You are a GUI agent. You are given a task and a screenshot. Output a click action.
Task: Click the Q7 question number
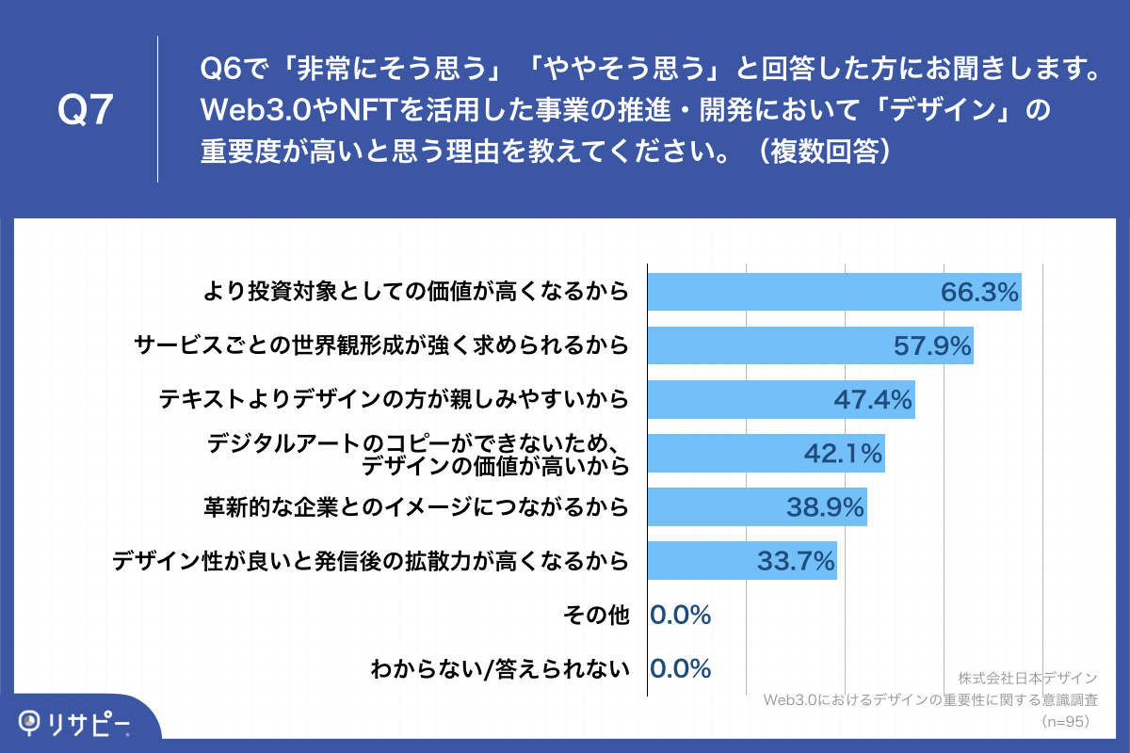(x=86, y=110)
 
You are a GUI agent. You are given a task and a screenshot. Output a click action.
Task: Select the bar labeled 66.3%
(x=834, y=293)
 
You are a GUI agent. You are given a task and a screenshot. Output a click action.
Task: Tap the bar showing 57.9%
(x=810, y=346)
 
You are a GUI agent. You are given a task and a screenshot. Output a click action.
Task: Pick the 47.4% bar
(x=781, y=400)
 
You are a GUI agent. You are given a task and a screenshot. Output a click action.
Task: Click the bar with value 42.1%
(x=766, y=454)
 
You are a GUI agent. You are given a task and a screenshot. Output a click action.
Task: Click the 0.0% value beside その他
(x=680, y=616)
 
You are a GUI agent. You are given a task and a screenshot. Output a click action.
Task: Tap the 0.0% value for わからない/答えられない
(x=680, y=669)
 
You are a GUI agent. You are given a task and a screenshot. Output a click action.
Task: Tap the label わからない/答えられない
(x=499, y=669)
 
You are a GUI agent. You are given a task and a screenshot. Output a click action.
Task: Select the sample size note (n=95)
(x=1067, y=722)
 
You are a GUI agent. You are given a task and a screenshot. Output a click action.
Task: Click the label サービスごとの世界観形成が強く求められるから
(x=381, y=346)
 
